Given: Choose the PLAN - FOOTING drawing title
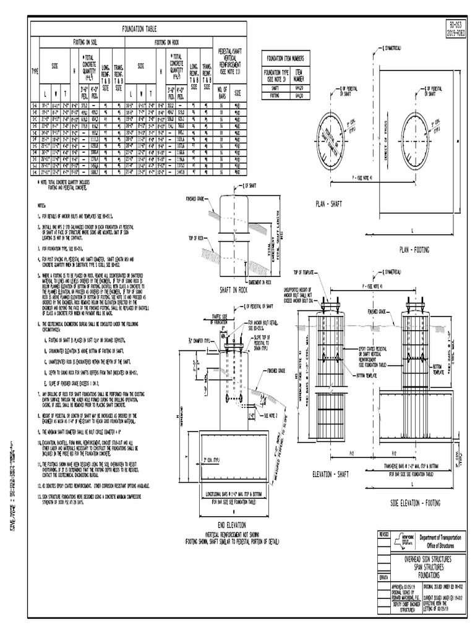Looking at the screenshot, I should (416, 249).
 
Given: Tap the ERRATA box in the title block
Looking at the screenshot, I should (384, 572).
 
